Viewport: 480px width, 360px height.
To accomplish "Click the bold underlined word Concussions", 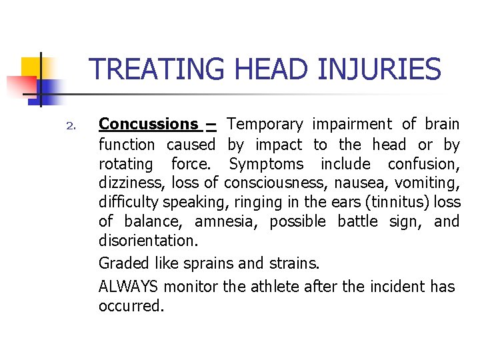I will (x=148, y=124).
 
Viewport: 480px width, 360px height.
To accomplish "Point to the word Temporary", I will (x=265, y=124).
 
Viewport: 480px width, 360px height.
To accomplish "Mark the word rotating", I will (x=126, y=164).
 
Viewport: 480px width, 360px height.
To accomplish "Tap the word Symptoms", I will (x=266, y=164).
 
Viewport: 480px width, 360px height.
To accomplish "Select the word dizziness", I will (x=132, y=183).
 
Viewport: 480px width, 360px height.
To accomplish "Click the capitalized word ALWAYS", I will (x=129, y=287).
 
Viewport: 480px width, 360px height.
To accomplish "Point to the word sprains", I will (x=199, y=263).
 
